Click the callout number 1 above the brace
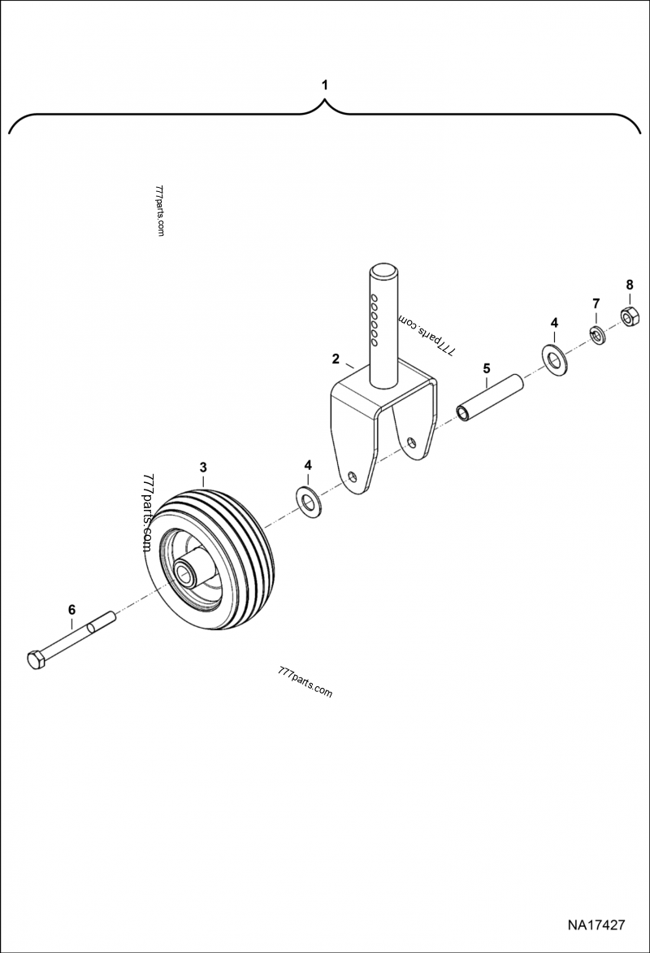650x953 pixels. tap(325, 85)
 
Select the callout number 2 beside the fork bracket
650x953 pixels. tap(336, 358)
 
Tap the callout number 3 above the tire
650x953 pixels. tap(203, 467)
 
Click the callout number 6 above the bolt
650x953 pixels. tap(71, 609)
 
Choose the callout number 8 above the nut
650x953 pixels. tap(629, 284)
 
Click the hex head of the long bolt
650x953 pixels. tap(36, 659)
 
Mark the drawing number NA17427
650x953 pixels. tap(596, 925)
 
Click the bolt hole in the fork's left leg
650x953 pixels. tap(351, 477)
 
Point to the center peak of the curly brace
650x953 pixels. tap(325, 103)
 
